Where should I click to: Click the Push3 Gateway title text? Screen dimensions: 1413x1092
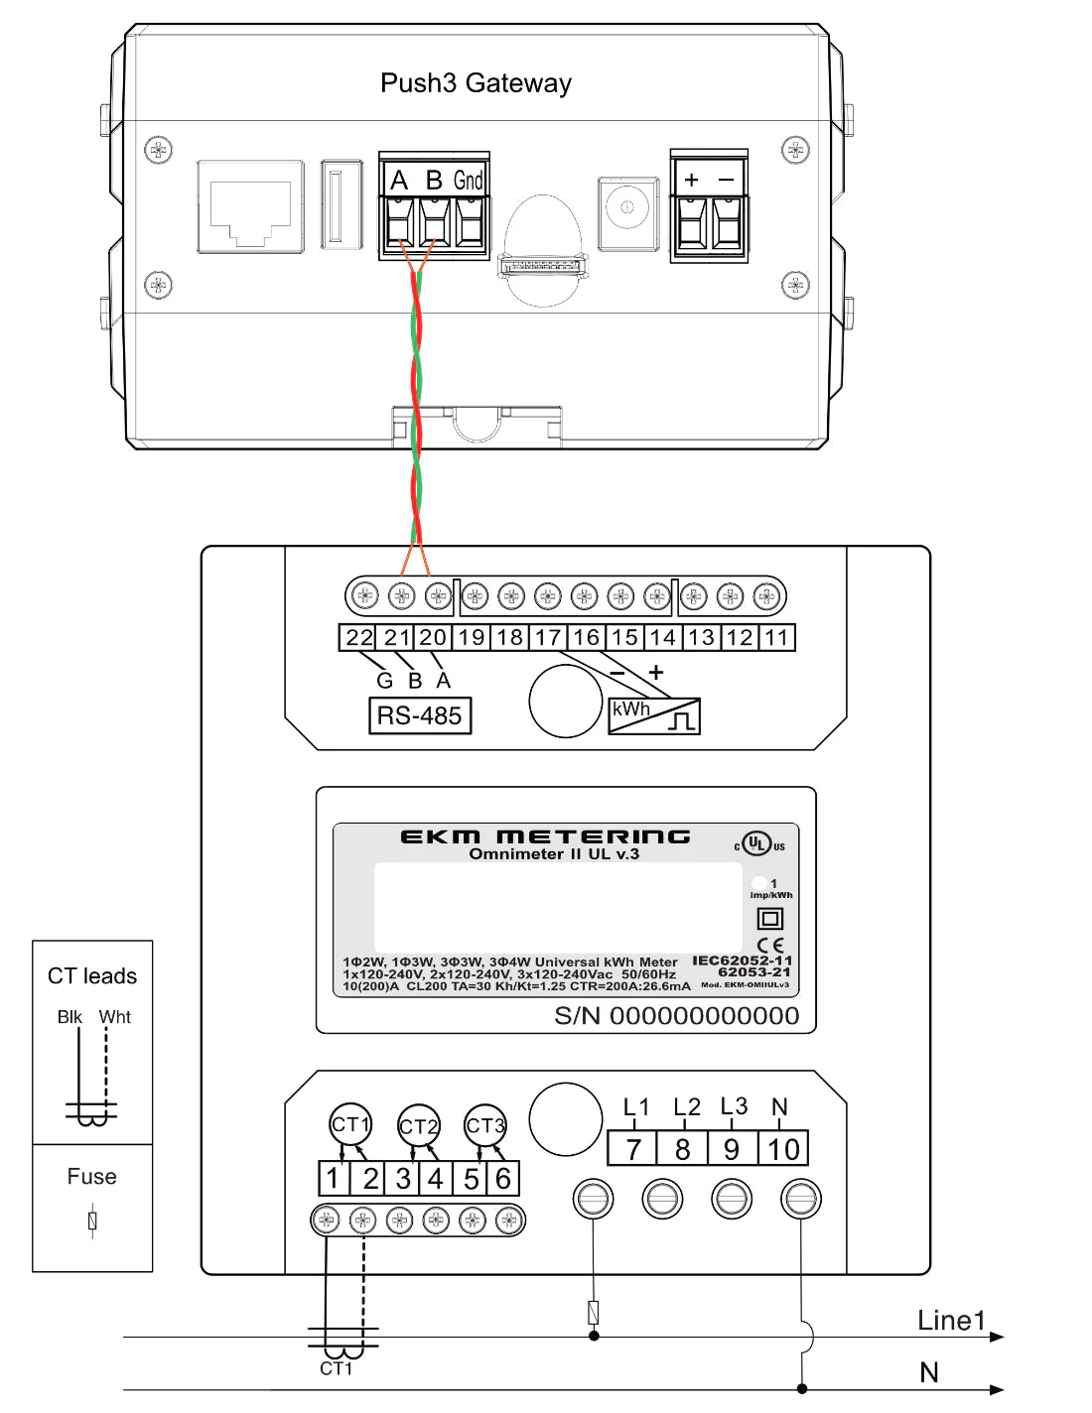pos(476,83)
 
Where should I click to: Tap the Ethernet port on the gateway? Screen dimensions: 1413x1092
pos(250,206)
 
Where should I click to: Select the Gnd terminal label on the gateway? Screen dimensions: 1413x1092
pos(469,181)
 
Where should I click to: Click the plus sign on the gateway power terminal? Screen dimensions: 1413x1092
pos(692,180)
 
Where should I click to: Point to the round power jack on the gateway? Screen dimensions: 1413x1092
pos(627,208)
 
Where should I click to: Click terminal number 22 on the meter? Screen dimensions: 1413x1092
pos(358,638)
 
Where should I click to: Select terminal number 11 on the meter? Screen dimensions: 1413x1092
pos(776,638)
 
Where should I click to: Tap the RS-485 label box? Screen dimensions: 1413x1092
pos(419,715)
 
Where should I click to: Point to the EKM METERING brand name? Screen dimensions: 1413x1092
pos(545,836)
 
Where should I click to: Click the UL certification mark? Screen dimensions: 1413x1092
pos(757,844)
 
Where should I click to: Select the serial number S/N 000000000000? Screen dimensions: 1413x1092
pos(676,1016)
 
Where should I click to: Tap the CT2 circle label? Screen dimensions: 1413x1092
pos(418,1126)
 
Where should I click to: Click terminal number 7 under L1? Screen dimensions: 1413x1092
pos(633,1150)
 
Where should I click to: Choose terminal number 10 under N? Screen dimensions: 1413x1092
pos(783,1150)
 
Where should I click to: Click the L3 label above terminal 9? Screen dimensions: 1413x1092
pos(734,1106)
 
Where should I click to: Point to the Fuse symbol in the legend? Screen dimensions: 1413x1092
pos(92,1220)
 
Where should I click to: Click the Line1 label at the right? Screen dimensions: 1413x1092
pos(950,1321)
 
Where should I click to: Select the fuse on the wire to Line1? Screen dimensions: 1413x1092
pos(594,1312)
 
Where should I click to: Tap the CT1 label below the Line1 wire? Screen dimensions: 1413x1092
pos(336,1369)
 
